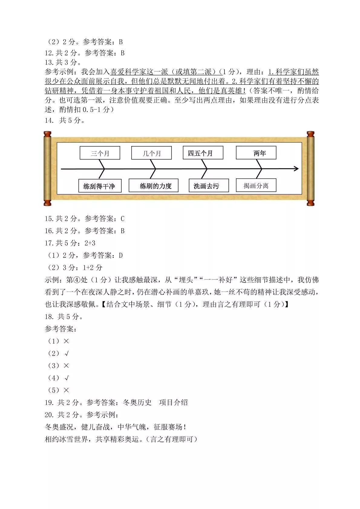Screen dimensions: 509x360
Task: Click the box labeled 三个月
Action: (100, 153)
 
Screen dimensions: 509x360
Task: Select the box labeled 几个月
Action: (151, 153)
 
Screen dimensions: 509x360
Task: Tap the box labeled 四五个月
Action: (203, 153)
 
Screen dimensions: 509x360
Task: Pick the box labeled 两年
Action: (256, 153)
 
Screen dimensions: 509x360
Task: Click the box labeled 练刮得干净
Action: (100, 186)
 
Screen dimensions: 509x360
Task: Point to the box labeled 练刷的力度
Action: (153, 185)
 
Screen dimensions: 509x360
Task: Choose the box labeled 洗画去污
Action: (209, 185)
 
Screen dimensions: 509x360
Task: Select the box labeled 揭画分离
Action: (256, 185)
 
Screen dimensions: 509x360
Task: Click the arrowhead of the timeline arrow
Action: (296, 169)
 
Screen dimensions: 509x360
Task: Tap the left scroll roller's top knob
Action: (47, 134)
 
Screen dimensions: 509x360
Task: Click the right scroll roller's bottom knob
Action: (311, 202)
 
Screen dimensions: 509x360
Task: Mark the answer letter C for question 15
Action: (123, 219)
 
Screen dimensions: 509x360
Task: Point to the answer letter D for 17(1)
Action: (121, 256)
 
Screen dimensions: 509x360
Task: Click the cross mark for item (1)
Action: (66, 341)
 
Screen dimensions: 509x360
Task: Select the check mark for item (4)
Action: (67, 378)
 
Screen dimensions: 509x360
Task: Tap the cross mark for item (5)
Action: (66, 390)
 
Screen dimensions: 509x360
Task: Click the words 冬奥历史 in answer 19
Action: (137, 403)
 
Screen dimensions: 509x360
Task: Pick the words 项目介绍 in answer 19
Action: (173, 403)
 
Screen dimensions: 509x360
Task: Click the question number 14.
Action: (49, 120)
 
